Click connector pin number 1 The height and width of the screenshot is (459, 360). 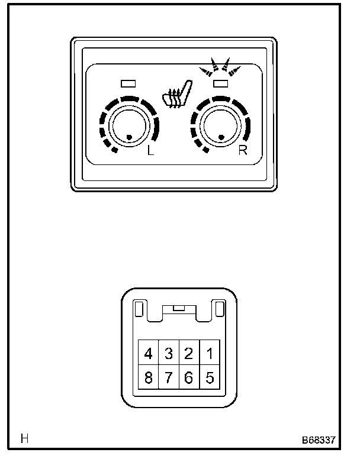pyautogui.click(x=208, y=354)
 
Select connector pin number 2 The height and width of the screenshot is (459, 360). pyautogui.click(x=189, y=354)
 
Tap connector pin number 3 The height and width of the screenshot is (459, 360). pyautogui.click(x=169, y=354)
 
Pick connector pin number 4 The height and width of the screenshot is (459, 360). pyautogui.click(x=149, y=354)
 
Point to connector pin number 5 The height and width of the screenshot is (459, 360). pyautogui.click(x=208, y=377)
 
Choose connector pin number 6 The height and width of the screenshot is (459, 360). pyautogui.click(x=189, y=377)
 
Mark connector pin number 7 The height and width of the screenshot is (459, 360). pyautogui.click(x=169, y=377)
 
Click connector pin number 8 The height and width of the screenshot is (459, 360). pyautogui.click(x=149, y=377)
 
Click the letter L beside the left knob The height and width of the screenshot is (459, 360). pyautogui.click(x=150, y=150)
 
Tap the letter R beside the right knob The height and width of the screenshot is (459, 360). pyautogui.click(x=242, y=150)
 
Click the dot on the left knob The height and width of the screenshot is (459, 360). pyautogui.click(x=129, y=138)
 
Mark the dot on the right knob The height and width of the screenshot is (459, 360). pyautogui.click(x=221, y=137)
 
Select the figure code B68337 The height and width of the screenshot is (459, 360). pyautogui.click(x=319, y=441)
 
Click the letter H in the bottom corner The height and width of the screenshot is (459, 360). pyautogui.click(x=25, y=439)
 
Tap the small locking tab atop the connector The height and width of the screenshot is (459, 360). pyautogui.click(x=178, y=309)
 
